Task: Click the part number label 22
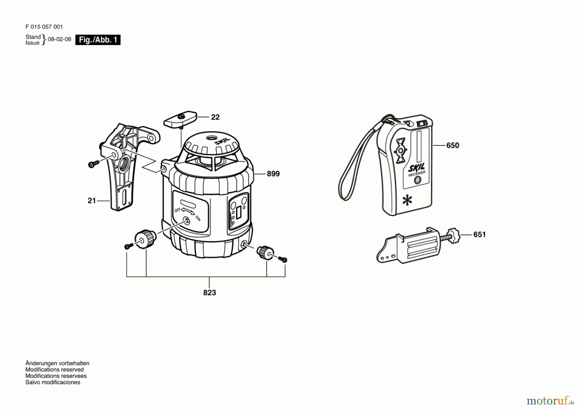pyautogui.click(x=215, y=117)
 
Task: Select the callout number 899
pyautogui.click(x=273, y=174)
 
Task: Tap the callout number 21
pyautogui.click(x=92, y=201)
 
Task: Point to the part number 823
pyautogui.click(x=209, y=293)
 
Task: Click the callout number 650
pyautogui.click(x=452, y=145)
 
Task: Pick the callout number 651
pyautogui.click(x=479, y=234)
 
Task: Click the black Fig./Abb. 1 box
pyautogui.click(x=98, y=40)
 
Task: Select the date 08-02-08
pyautogui.click(x=59, y=39)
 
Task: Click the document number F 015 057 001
pyautogui.click(x=44, y=27)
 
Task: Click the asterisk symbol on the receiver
pyautogui.click(x=407, y=201)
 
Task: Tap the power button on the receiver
pyautogui.click(x=417, y=180)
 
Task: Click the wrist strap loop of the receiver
pyautogui.click(x=348, y=180)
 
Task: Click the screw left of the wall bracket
pyautogui.click(x=93, y=164)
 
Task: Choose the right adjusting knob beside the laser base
pyautogui.click(x=265, y=252)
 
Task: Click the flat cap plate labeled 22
pyautogui.click(x=180, y=119)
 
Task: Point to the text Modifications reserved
pyautogui.click(x=54, y=369)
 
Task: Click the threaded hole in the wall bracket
pyautogui.click(x=123, y=164)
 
